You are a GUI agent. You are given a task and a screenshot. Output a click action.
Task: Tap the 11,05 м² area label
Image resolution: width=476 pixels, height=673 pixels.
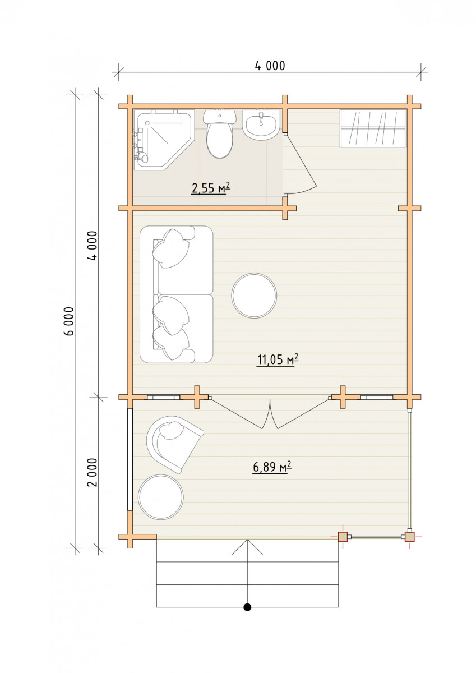click(278, 359)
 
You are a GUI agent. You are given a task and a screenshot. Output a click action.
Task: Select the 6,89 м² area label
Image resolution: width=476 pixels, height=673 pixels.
click(272, 467)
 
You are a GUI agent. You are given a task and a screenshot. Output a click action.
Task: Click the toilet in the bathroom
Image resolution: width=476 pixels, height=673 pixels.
click(219, 133)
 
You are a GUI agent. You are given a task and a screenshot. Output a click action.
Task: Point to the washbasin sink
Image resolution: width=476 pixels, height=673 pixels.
click(261, 125)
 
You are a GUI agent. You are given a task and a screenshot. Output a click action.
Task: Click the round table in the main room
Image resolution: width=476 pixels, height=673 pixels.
click(254, 296)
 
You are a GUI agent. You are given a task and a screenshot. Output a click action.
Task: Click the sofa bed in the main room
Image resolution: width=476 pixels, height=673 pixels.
click(177, 294)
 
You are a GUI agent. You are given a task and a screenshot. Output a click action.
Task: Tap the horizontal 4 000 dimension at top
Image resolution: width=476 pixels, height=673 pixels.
click(270, 66)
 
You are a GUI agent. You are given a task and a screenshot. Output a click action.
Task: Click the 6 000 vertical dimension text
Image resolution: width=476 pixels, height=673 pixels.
click(70, 322)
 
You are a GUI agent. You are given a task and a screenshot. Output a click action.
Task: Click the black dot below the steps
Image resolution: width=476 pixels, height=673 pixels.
click(247, 607)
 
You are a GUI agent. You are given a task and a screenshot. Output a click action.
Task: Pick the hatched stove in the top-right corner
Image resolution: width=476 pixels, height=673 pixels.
click(373, 128)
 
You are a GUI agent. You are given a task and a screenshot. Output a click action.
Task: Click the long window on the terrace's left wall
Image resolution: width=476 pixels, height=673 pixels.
click(130, 459)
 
